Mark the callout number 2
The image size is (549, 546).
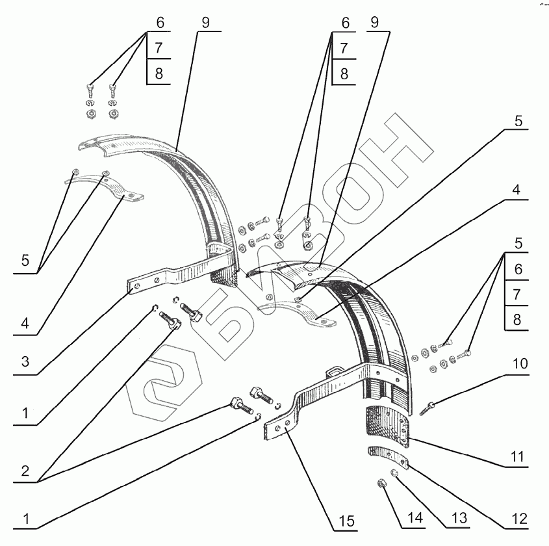point(25,471)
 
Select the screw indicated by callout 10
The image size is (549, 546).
point(429,407)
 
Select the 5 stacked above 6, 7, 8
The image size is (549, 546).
point(518,242)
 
